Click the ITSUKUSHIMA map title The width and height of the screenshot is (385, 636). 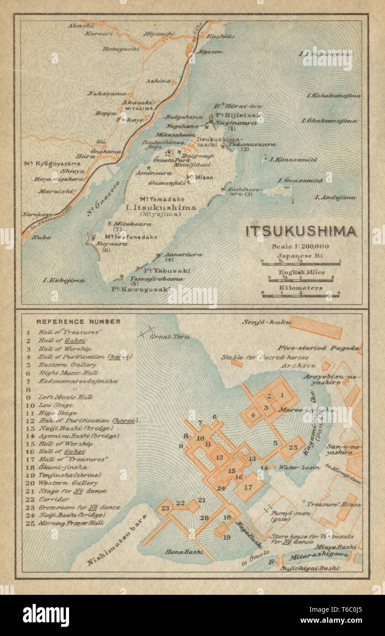click(301, 232)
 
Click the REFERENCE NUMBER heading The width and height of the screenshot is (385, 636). click(79, 322)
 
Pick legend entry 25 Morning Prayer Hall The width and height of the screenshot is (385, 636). click(71, 523)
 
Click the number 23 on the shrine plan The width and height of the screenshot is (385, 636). click(165, 507)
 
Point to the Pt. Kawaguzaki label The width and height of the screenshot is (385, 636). click(141, 289)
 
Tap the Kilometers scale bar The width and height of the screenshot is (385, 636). click(300, 294)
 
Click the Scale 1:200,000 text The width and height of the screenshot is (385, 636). click(300, 247)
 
